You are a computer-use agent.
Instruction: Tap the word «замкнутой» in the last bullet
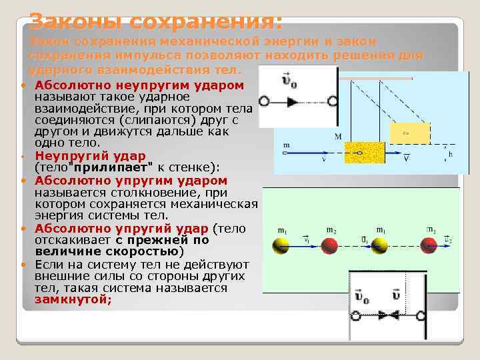pyautogui.click(x=73, y=301)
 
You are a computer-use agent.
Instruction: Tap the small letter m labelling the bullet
pyautogui.click(x=287, y=145)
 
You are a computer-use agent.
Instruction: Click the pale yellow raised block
pyautogui.click(x=406, y=132)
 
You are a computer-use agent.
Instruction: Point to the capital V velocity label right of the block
pyautogui.click(x=406, y=159)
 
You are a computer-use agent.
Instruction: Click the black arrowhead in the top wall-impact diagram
pyautogui.click(x=293, y=101)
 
